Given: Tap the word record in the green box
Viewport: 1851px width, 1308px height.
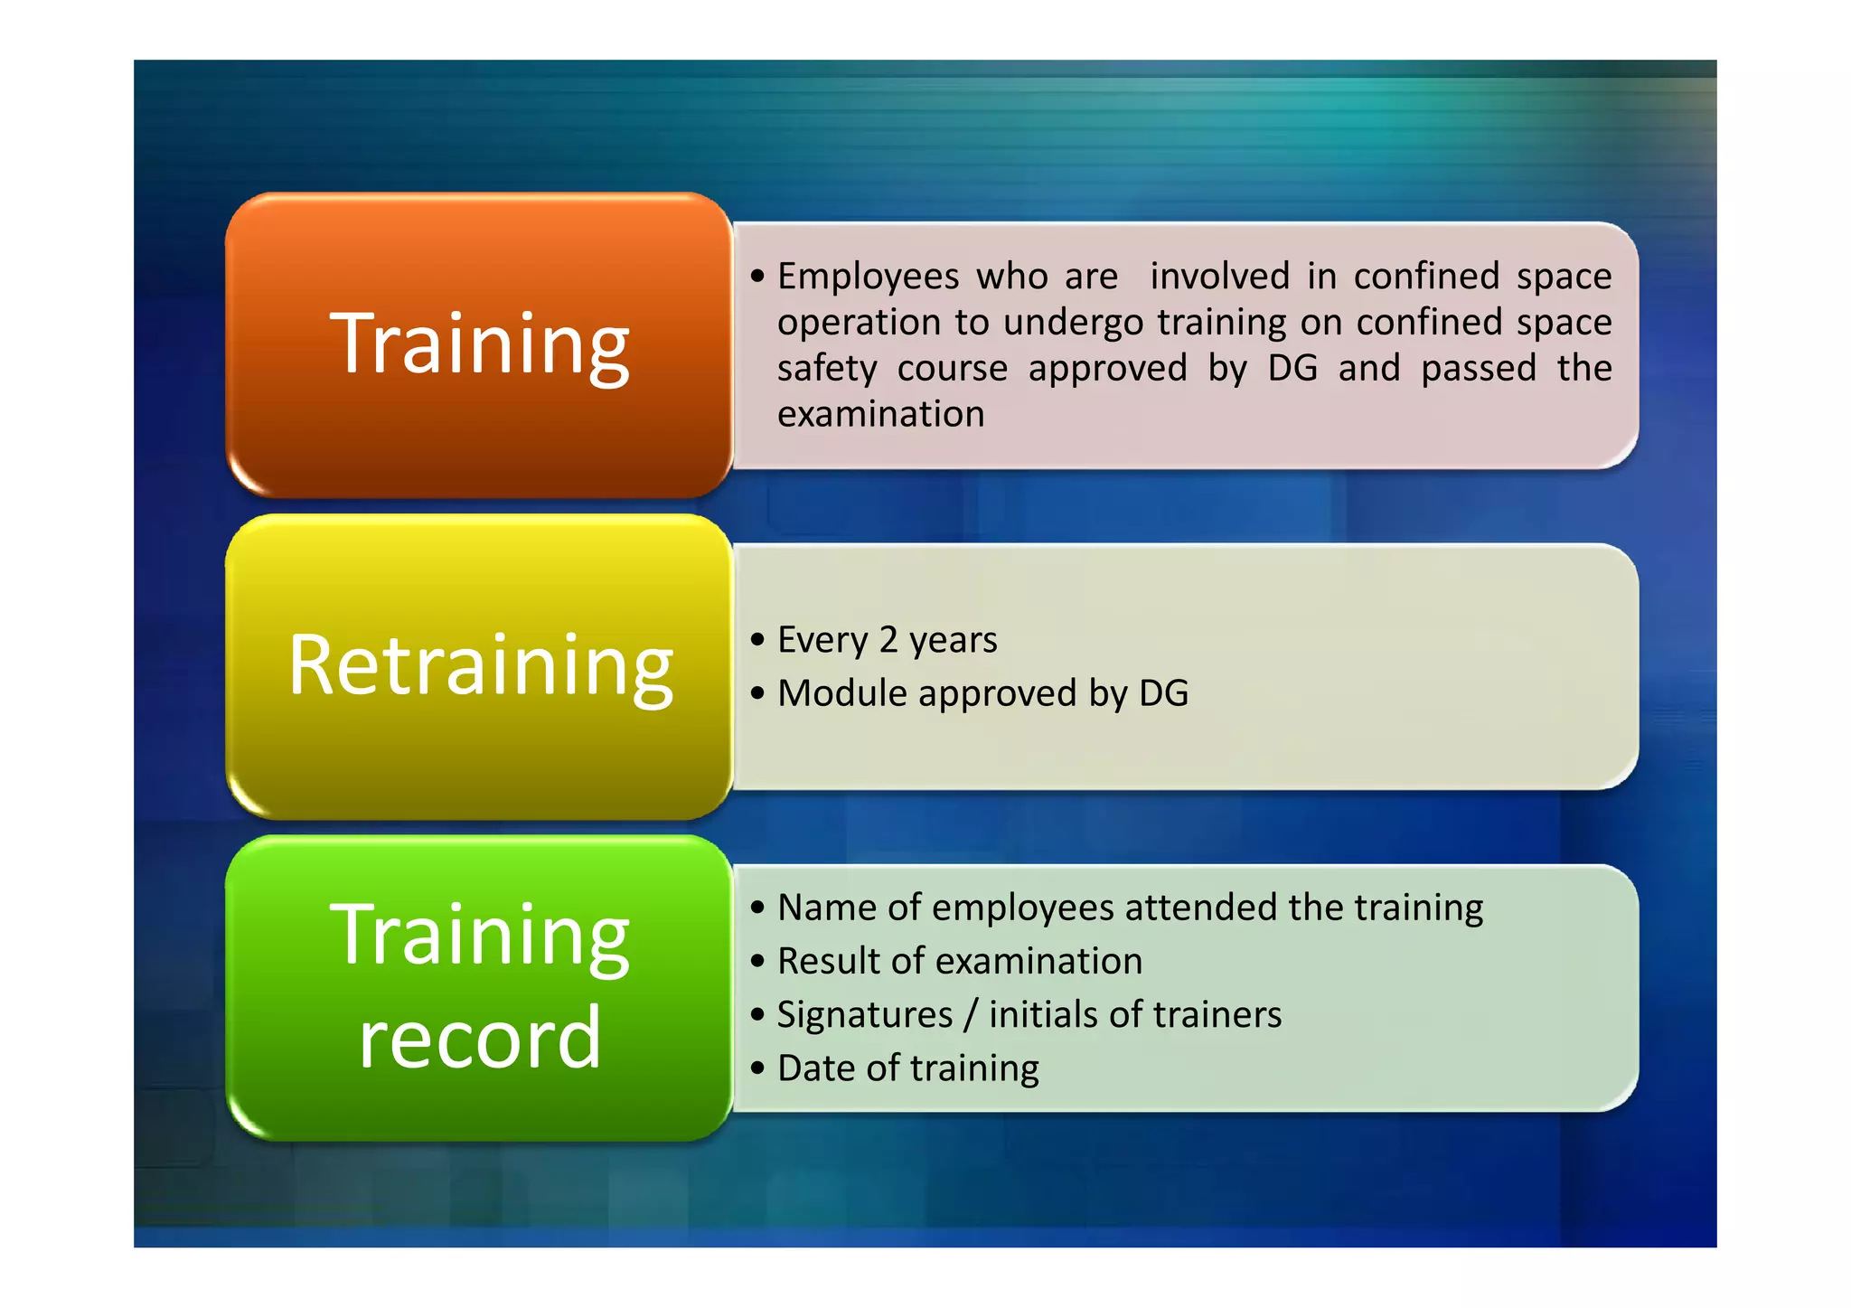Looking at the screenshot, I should click(479, 1038).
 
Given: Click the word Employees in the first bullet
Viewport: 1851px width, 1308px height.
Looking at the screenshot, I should click(868, 277).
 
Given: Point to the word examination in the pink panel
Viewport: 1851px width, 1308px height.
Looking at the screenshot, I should click(880, 415).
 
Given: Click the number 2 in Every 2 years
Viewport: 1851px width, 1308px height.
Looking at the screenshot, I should click(888, 640).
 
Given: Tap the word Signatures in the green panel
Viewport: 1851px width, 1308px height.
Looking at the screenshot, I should click(864, 1015).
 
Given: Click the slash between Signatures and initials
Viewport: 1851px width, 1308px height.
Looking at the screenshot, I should click(971, 1015).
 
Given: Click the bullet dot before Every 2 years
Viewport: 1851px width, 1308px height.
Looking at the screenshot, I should click(757, 640).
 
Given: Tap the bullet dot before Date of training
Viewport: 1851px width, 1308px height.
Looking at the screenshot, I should click(757, 1068).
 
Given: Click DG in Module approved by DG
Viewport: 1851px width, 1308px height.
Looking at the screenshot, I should click(1163, 693).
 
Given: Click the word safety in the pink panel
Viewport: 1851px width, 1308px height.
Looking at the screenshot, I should click(827, 369).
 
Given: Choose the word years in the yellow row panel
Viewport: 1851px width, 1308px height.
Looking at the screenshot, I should click(953, 641).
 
